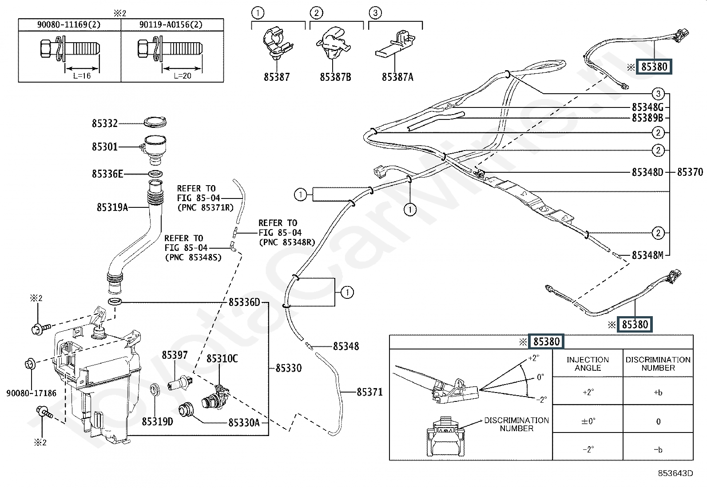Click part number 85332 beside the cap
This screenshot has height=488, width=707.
coord(104,123)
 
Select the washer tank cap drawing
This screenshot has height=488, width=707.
coord(155,122)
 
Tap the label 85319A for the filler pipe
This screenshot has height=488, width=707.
coord(112,207)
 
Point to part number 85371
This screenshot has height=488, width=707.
coord(369,392)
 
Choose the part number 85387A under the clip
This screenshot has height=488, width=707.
coord(397,77)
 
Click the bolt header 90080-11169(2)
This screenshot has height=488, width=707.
coord(69,24)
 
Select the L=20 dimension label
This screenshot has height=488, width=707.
coord(183,76)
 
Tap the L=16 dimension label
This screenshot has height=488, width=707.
coord(82,76)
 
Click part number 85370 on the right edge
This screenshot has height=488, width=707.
coord(690,172)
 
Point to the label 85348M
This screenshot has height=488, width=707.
coord(647,255)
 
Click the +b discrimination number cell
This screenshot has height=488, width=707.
coord(658,393)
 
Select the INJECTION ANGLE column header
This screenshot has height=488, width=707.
coord(588,364)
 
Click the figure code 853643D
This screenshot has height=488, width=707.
coord(675,473)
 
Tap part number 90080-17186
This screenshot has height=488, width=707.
coord(31,393)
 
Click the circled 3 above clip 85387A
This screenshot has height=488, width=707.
coord(375,13)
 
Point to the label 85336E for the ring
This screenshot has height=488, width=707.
coord(107,174)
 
